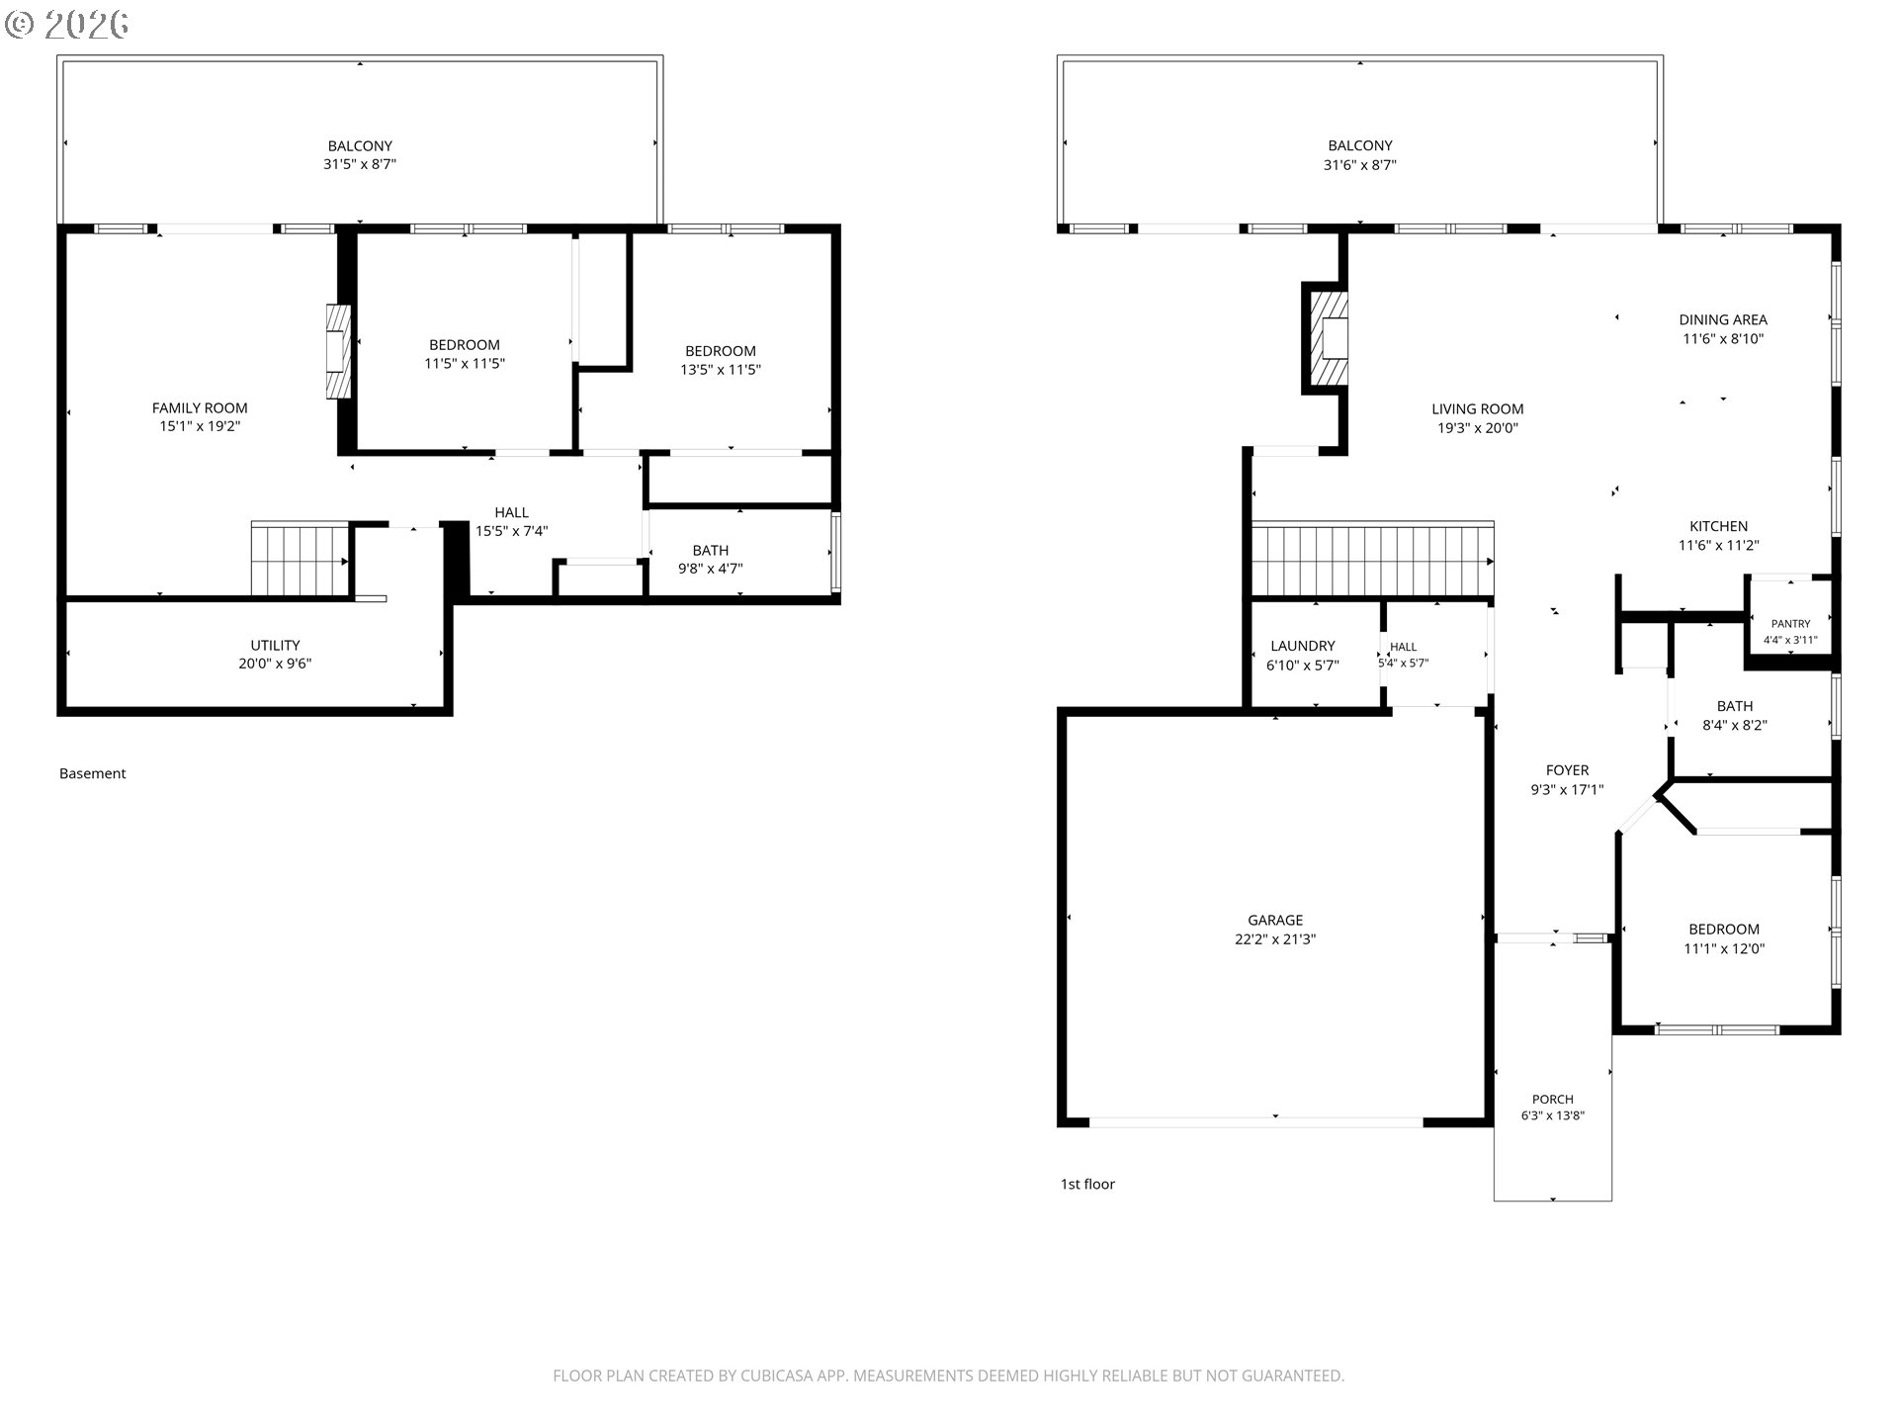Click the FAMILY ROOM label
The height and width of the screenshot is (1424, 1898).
point(200,407)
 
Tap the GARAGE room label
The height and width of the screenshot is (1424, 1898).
point(1275,920)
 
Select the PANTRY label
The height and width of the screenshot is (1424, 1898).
point(1790,624)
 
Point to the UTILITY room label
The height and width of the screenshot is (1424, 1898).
point(275,645)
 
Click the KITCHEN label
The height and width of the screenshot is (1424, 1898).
point(1718,526)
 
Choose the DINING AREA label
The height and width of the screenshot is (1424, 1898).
point(1723,319)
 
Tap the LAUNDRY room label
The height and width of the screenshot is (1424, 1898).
point(1303,646)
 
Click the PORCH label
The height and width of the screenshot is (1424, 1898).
point(1553,1099)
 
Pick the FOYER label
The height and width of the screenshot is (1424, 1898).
point(1567,770)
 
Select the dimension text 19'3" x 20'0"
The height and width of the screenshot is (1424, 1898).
point(1478,428)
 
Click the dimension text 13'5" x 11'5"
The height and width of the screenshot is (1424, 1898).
point(721,370)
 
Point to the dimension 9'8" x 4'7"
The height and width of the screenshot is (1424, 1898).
point(710,569)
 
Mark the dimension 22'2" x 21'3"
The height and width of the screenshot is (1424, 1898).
point(1275,939)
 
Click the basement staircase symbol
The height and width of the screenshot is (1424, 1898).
point(300,559)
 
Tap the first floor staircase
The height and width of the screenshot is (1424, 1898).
point(1372,560)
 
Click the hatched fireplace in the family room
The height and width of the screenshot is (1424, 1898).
point(338,351)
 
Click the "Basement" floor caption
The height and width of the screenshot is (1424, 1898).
point(92,773)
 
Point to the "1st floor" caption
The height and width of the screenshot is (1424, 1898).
point(1087,1184)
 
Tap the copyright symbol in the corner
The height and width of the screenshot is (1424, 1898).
point(20,25)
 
